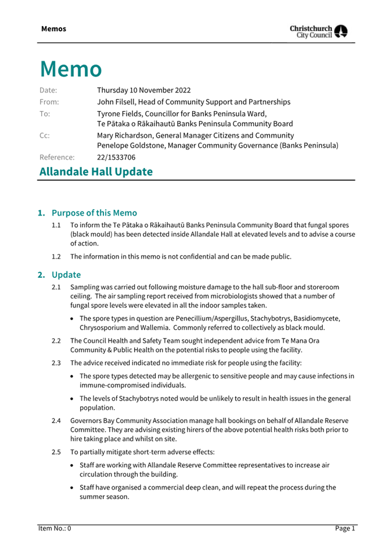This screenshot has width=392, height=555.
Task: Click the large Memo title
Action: coord(71,69)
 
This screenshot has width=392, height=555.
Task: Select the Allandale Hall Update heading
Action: coord(96,171)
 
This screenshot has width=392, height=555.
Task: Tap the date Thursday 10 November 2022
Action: coord(143,90)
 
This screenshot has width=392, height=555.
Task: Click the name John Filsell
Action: coord(117,102)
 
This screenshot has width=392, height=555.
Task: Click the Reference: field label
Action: coord(57,157)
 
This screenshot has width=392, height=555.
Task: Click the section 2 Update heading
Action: coord(66,274)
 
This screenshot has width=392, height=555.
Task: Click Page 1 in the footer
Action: coord(344,528)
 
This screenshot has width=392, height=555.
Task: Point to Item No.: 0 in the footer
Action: coord(55,528)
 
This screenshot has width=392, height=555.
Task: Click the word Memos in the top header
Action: coord(53,28)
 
